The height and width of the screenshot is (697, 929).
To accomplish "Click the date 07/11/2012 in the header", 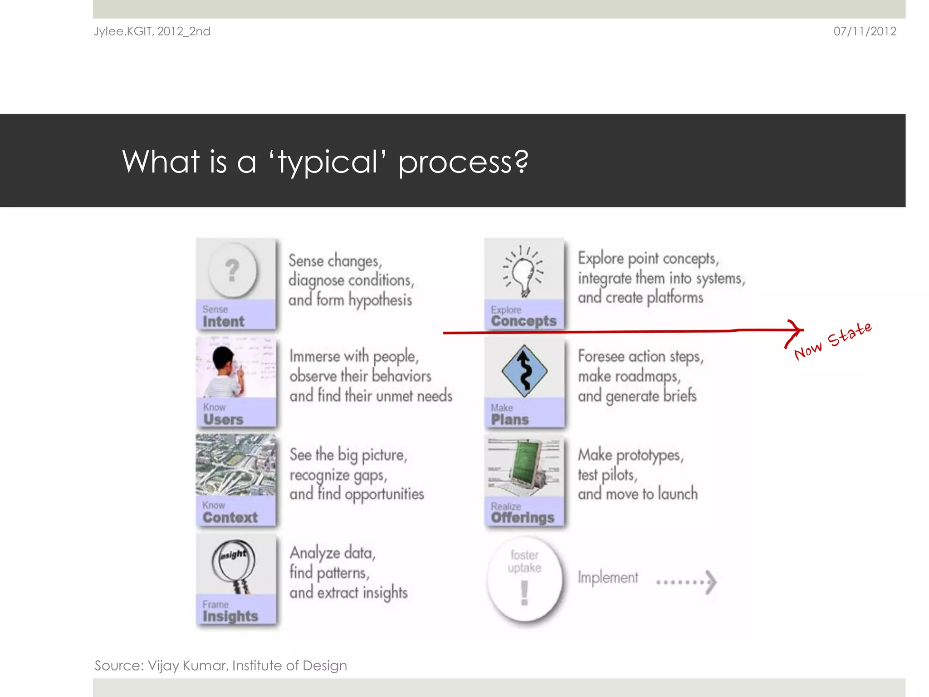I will (x=865, y=31).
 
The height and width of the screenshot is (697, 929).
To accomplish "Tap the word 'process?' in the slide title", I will (x=463, y=162).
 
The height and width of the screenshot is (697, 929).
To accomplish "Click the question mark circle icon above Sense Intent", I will (x=232, y=270).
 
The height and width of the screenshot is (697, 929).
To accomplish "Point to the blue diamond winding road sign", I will (x=524, y=371).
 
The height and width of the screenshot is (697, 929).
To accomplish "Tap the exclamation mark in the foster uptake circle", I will (x=524, y=593).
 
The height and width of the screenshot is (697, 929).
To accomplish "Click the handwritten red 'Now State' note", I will (x=833, y=341).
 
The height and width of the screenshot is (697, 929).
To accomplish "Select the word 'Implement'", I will (x=607, y=578).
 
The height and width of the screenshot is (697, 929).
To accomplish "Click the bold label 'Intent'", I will (x=223, y=322).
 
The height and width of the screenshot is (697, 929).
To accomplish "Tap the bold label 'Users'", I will (x=223, y=420).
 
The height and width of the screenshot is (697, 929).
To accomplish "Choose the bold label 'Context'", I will (x=230, y=518).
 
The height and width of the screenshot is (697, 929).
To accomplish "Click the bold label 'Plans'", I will (x=510, y=420).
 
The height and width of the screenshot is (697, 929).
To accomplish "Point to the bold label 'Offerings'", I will (x=523, y=518).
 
